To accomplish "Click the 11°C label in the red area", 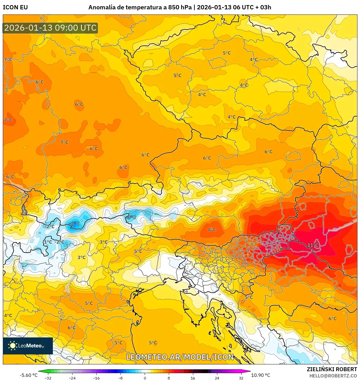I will (313, 245).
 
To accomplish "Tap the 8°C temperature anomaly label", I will (212, 230).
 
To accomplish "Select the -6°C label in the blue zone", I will (74, 223).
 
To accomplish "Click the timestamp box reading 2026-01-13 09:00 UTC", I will (50, 28).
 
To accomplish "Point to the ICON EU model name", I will (15, 7).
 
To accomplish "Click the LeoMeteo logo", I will (28, 346).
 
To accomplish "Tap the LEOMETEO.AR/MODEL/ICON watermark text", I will (180, 357).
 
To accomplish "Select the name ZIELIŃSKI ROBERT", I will (332, 369).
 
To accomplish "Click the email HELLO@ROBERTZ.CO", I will (333, 376).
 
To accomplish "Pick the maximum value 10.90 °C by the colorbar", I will (261, 375).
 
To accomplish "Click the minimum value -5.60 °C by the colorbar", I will (28, 375).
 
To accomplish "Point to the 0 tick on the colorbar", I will (145, 378).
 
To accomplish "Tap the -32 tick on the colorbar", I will (48, 378).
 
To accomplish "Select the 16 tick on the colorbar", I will (193, 378).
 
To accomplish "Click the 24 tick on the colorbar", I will (217, 378).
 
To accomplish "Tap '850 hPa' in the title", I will (180, 7).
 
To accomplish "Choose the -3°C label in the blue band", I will (131, 217).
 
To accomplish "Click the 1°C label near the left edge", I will (48, 242).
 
